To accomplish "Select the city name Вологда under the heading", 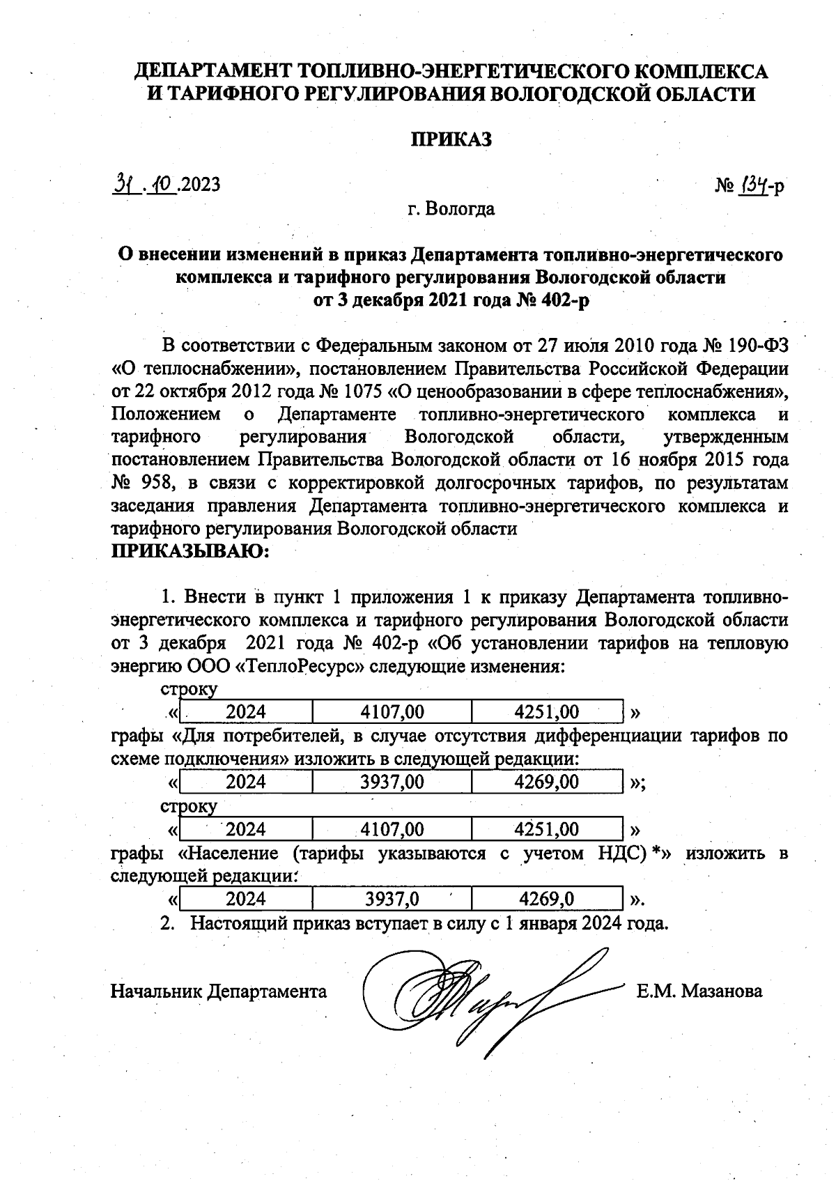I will point(460,208).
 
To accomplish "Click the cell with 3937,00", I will point(392,782).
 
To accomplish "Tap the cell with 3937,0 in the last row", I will point(392,899).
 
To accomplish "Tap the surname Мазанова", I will point(721,991).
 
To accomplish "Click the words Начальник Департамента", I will point(219,991).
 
